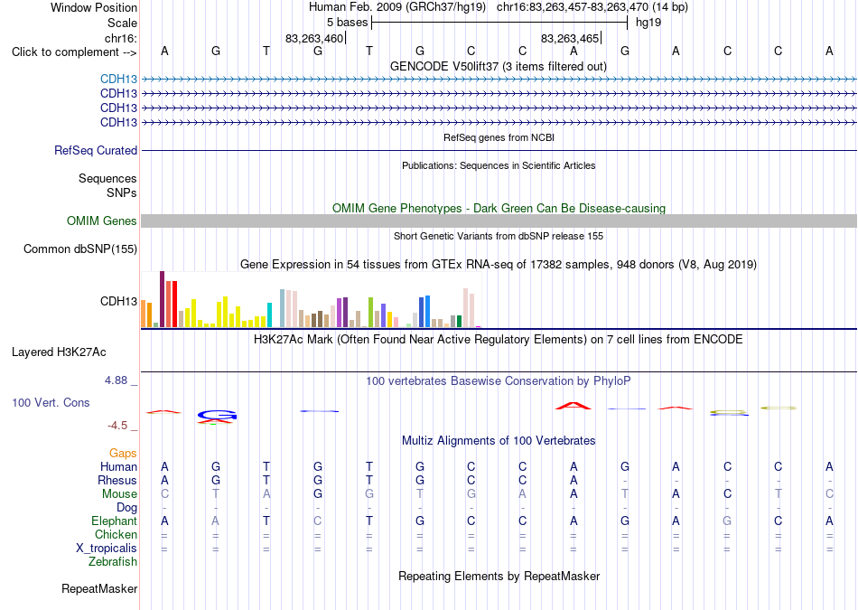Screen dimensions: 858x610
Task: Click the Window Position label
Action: pyautogui.click(x=94, y=7)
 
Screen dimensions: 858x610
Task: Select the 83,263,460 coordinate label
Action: pyautogui.click(x=314, y=38)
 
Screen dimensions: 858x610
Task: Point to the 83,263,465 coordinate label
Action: pyautogui.click(x=570, y=38)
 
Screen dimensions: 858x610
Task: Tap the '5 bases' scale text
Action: pyautogui.click(x=347, y=23)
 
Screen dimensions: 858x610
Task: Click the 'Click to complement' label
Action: pyautogui.click(x=65, y=52)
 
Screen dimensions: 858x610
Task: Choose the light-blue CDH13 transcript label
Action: pyautogui.click(x=118, y=80)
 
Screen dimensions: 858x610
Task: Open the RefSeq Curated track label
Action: pyautogui.click(x=96, y=151)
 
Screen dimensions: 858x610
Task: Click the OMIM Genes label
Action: pyautogui.click(x=102, y=221)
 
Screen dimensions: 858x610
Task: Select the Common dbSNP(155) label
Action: pyautogui.click(x=80, y=249)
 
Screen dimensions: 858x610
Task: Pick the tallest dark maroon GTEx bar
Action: pyautogui.click(x=162, y=299)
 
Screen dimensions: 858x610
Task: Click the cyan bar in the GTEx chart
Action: pyautogui.click(x=269, y=314)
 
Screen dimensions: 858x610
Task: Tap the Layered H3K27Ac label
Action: pyautogui.click(x=59, y=352)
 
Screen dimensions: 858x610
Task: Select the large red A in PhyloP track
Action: pyautogui.click(x=573, y=406)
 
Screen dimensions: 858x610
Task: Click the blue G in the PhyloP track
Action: pyautogui.click(x=217, y=416)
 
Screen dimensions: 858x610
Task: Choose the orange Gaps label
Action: pyautogui.click(x=123, y=454)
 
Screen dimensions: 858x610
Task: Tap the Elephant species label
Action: pyautogui.click(x=114, y=521)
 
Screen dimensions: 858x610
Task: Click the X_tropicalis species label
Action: pyautogui.click(x=107, y=549)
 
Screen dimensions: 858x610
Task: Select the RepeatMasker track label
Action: pyautogui.click(x=99, y=589)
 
